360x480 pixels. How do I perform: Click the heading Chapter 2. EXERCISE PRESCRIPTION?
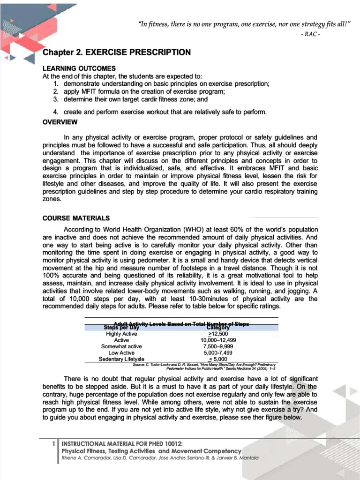point(116,52)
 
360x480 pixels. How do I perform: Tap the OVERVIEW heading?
point(60,122)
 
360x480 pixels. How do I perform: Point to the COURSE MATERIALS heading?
point(76,218)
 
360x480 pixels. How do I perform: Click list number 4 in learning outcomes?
point(55,112)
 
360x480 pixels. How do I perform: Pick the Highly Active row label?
point(121,334)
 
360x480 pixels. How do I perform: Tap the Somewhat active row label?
point(121,346)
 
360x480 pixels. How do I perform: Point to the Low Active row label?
point(121,352)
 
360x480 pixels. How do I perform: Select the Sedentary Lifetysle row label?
point(121,359)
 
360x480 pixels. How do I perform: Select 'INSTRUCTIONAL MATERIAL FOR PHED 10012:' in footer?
point(122,443)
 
